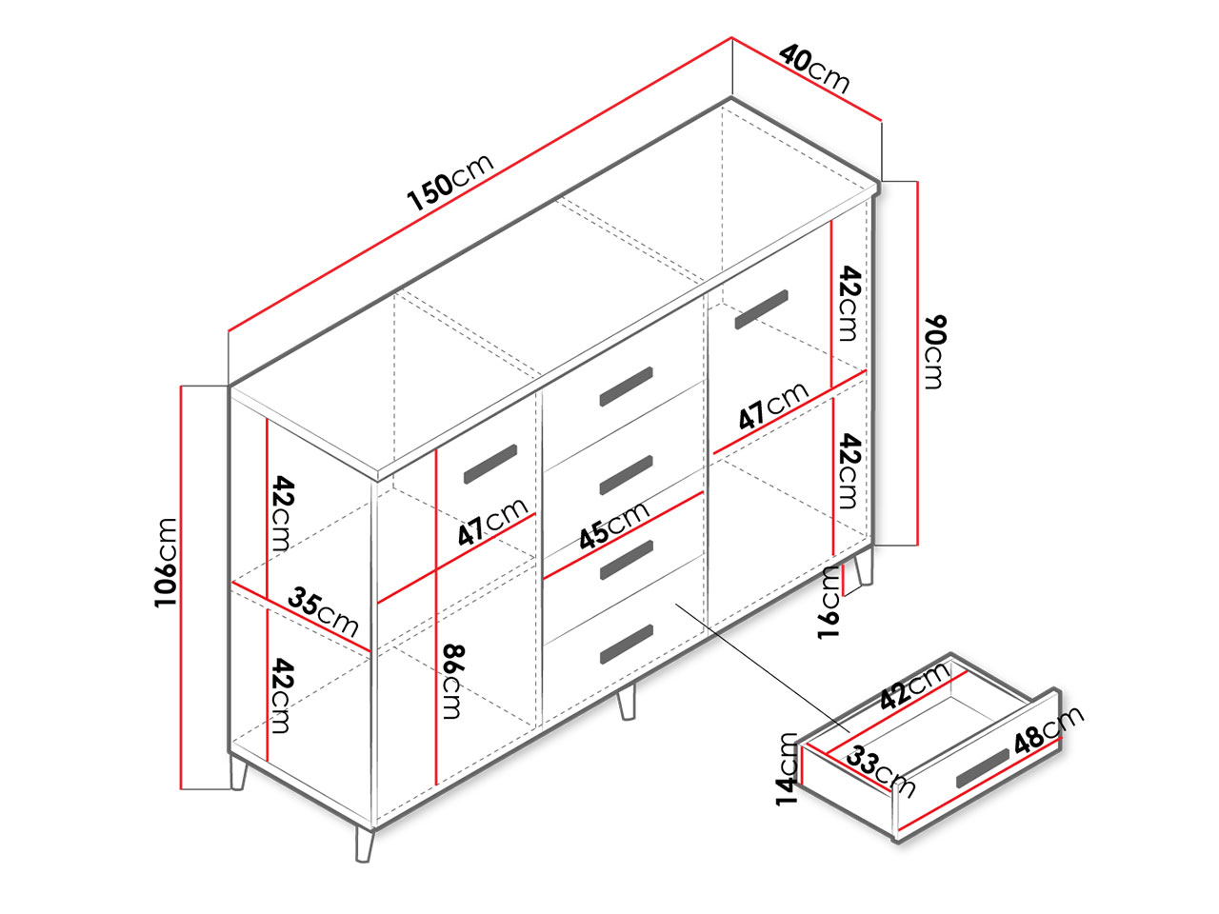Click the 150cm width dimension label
[x=450, y=182]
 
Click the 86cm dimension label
[x=452, y=682]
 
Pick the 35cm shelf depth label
[x=323, y=611]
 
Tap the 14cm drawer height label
[x=787, y=769]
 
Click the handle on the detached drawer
[x=983, y=768]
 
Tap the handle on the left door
[x=490, y=464]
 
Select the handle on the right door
[x=761, y=309]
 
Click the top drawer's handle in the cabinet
[x=626, y=387]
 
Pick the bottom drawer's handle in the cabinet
[x=626, y=645]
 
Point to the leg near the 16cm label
[x=864, y=566]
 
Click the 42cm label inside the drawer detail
[x=914, y=686]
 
